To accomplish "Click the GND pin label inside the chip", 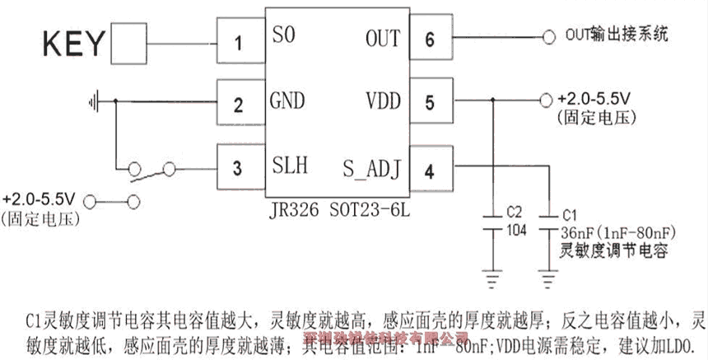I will coord(287,101).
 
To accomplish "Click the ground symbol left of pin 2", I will coord(95,101).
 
